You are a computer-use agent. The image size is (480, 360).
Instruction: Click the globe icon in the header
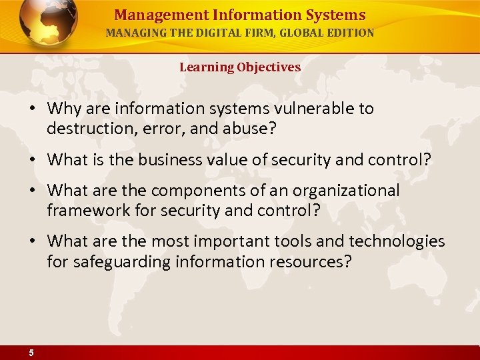[49, 24]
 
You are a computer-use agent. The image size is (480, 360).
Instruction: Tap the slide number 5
[31, 353]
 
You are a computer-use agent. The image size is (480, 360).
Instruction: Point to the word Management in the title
[149, 15]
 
